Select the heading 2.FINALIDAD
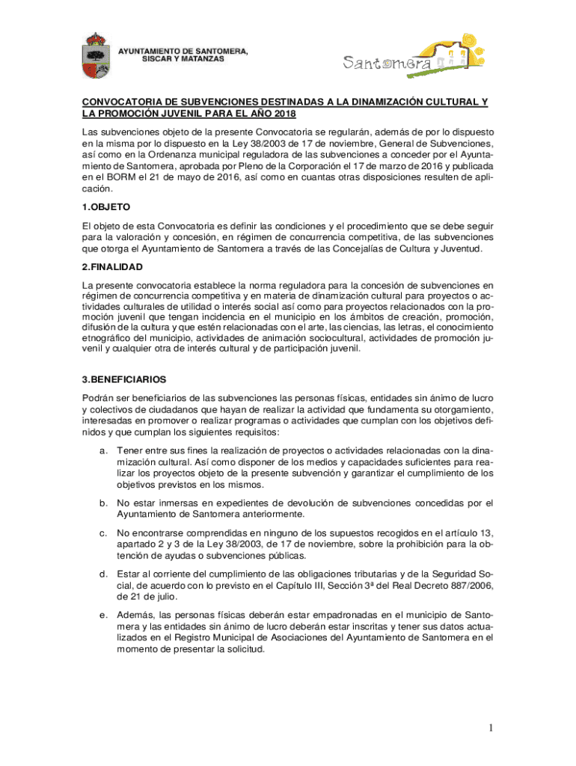(x=112, y=267)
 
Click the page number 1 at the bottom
(x=490, y=729)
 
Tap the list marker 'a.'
(x=103, y=450)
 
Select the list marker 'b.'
(x=103, y=503)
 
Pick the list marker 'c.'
(x=103, y=533)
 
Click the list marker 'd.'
(x=103, y=574)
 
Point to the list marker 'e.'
(x=103, y=615)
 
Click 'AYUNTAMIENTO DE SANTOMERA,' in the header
(x=183, y=50)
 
